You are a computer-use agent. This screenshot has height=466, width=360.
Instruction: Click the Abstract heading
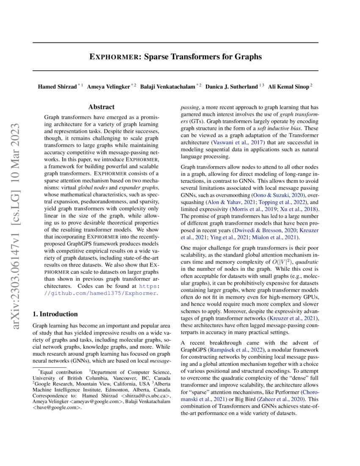click(x=101, y=108)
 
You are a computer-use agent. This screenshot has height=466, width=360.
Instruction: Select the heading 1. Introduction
click(x=55, y=314)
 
